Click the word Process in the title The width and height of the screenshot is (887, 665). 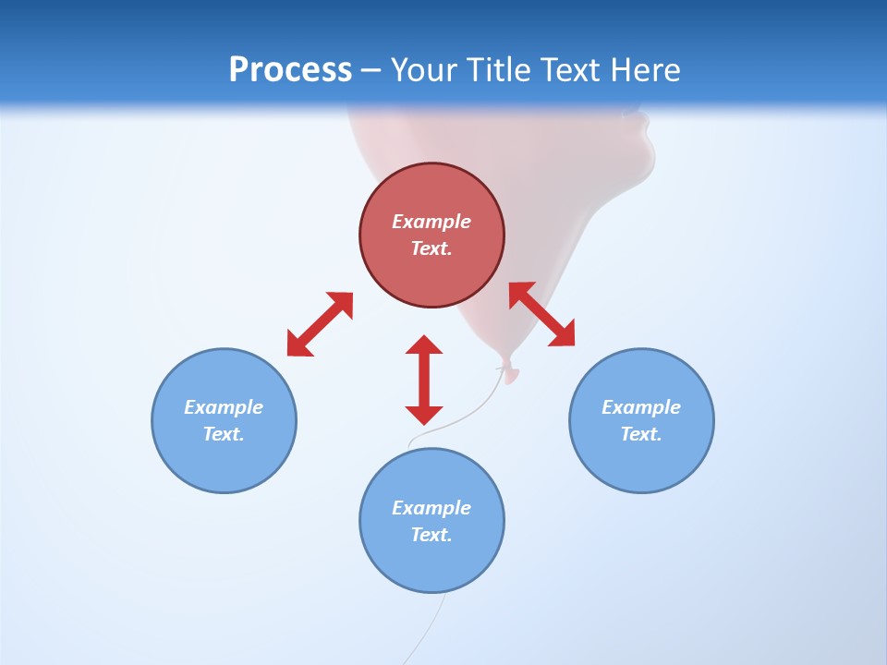point(290,70)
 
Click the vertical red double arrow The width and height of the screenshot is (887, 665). point(424,380)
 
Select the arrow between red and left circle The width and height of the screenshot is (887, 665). point(320,324)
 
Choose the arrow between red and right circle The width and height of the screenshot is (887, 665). point(541,315)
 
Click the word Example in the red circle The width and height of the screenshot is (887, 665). point(431,222)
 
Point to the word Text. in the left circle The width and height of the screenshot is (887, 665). point(224,434)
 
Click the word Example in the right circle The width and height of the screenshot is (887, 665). point(641,407)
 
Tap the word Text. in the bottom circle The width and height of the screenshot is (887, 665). point(431,535)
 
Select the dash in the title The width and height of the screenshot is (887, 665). point(371,70)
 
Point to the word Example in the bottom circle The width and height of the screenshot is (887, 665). point(431,508)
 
